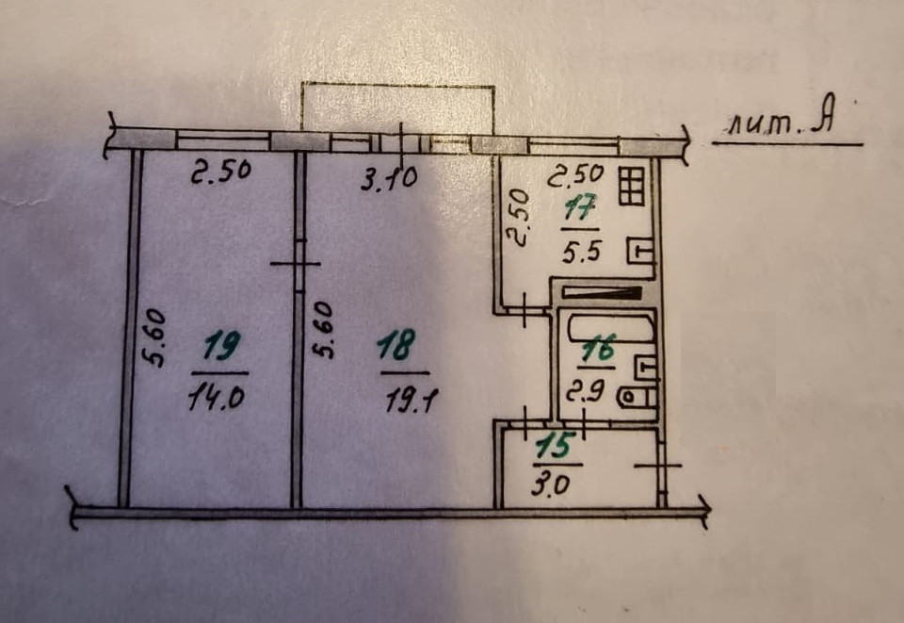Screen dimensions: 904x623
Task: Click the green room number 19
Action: click(220, 350)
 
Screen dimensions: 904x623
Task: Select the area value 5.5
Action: click(579, 253)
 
